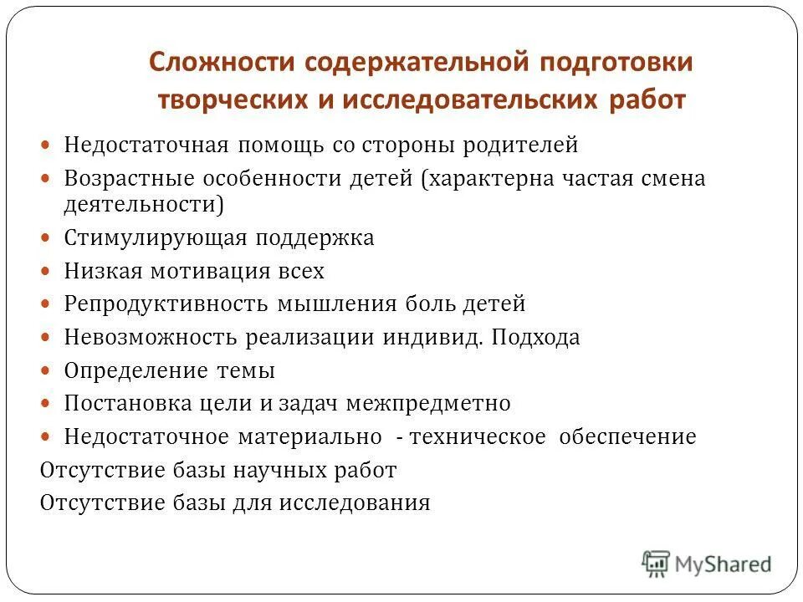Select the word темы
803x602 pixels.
point(246,370)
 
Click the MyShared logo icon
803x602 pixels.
point(657,564)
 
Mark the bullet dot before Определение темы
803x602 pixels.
point(47,370)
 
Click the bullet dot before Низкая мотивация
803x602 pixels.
point(47,271)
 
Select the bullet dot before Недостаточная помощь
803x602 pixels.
point(47,145)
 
